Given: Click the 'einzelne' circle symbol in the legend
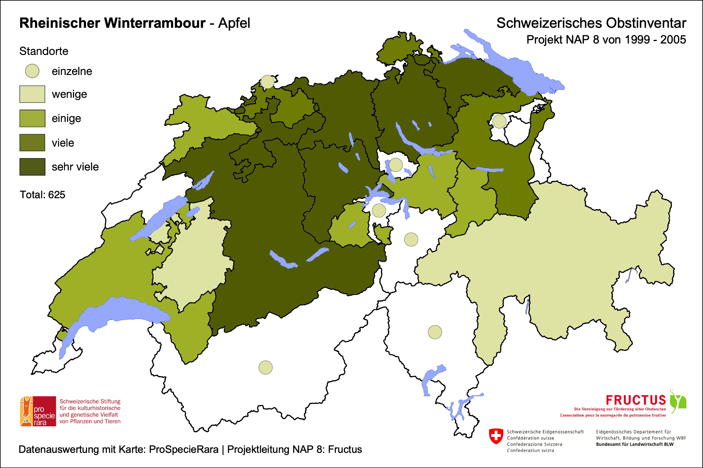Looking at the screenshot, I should [x=32, y=71].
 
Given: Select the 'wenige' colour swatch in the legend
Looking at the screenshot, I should [x=32, y=94].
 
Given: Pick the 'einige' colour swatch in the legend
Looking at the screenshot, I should [x=32, y=118].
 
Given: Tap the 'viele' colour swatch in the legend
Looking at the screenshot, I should [x=32, y=143].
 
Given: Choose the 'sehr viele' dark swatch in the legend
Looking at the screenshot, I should [x=32, y=167].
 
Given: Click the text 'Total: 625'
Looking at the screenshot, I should [x=42, y=195].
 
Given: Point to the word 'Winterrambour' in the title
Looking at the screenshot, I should [x=155, y=23].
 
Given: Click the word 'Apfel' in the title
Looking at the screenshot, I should [x=234, y=23].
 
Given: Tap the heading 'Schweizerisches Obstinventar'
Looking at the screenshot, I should [x=591, y=23].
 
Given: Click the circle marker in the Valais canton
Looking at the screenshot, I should [x=266, y=367].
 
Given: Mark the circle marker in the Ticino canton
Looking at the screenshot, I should [x=435, y=332].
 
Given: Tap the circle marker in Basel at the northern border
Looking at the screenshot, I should [x=267, y=82].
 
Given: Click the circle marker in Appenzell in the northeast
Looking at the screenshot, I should [x=499, y=121].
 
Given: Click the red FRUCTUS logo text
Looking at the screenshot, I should [x=636, y=400].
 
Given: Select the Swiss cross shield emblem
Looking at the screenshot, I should [x=496, y=436].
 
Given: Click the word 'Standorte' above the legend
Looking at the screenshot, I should [x=44, y=51].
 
